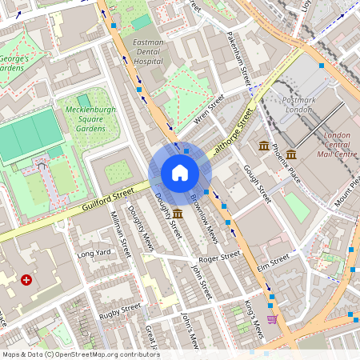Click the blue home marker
[179, 173]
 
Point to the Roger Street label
[219, 257]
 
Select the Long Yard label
[93, 254]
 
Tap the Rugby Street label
[120, 310]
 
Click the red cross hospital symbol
[27, 280]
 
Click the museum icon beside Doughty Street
[177, 214]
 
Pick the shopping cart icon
[273, 318]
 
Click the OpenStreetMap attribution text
[81, 354]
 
